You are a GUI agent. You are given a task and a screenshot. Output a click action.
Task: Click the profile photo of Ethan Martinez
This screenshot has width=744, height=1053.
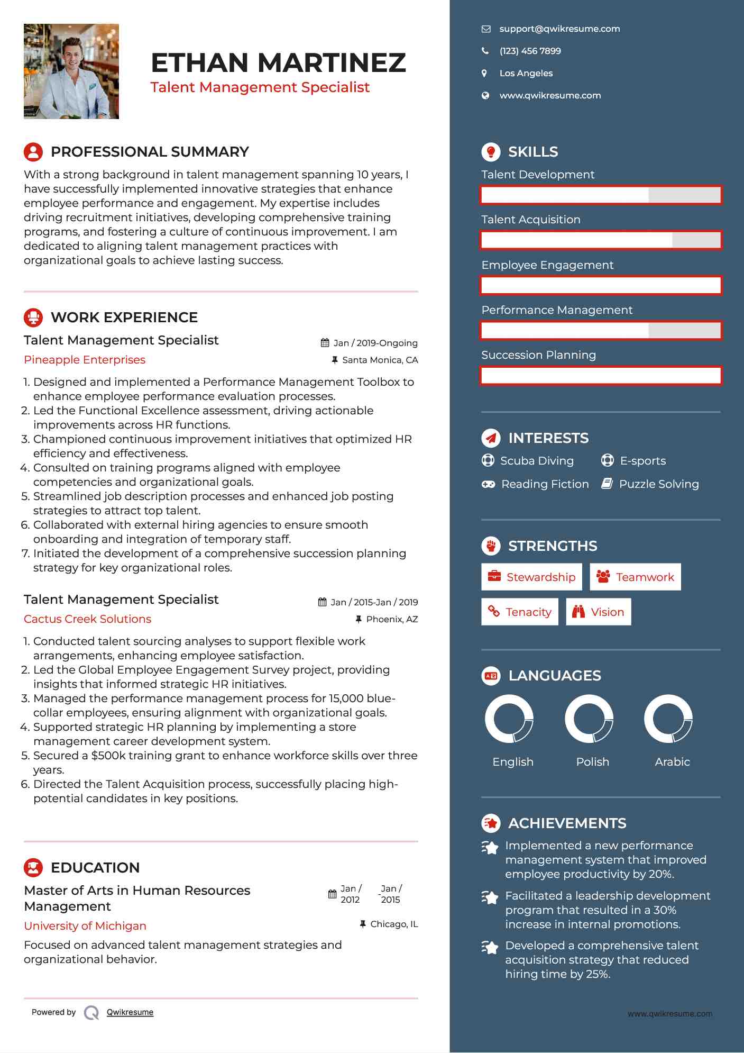(x=71, y=71)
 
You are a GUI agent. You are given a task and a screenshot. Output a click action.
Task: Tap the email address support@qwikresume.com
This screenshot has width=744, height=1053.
(x=559, y=29)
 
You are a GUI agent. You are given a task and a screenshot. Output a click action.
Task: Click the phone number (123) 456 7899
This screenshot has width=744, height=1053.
(x=530, y=51)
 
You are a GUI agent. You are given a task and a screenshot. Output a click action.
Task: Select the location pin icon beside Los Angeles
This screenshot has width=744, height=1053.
(x=484, y=74)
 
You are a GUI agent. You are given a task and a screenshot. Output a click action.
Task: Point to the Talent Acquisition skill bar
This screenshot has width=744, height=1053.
(x=601, y=240)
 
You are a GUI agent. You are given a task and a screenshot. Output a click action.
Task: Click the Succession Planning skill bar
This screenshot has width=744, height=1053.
(x=601, y=376)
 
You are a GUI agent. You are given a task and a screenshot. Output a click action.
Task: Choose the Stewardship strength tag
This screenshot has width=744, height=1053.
(x=531, y=577)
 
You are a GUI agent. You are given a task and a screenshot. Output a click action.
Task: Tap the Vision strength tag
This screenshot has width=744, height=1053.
(x=598, y=612)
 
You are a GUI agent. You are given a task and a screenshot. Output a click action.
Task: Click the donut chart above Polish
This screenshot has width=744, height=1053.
(x=589, y=719)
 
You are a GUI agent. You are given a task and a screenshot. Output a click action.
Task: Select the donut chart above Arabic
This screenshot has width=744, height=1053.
(x=668, y=719)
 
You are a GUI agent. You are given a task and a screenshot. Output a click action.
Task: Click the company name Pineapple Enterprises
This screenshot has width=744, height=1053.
(x=85, y=360)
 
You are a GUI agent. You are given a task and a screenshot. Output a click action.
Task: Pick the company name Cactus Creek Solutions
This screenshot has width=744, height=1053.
(x=87, y=619)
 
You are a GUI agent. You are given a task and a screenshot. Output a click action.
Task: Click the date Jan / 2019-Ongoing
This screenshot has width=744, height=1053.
(x=375, y=343)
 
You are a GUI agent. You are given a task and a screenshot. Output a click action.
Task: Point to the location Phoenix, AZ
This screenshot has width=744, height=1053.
(x=391, y=620)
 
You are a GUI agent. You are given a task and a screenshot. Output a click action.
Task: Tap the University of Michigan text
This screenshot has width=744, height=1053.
(x=85, y=926)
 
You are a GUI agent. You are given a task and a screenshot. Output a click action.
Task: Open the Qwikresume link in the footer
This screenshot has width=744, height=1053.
(x=130, y=1012)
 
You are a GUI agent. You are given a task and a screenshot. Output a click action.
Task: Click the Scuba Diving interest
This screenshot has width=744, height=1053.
(x=536, y=461)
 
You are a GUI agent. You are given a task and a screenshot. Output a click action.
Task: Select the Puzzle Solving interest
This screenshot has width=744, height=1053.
(x=658, y=484)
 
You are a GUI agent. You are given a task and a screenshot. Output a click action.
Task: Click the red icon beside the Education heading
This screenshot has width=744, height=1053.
(x=33, y=868)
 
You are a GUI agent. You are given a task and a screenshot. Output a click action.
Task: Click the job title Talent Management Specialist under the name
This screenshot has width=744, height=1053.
(x=260, y=87)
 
